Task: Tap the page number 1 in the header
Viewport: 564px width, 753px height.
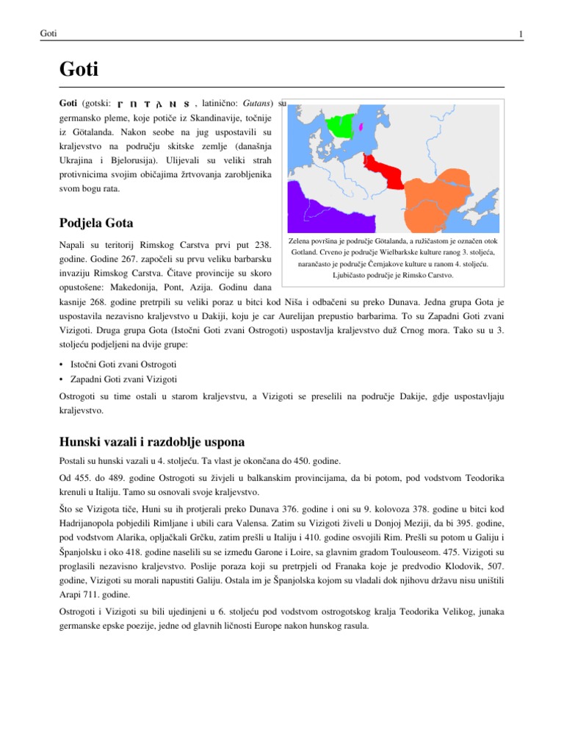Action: pos(520,35)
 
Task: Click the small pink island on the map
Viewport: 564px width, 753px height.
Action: pos(362,125)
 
